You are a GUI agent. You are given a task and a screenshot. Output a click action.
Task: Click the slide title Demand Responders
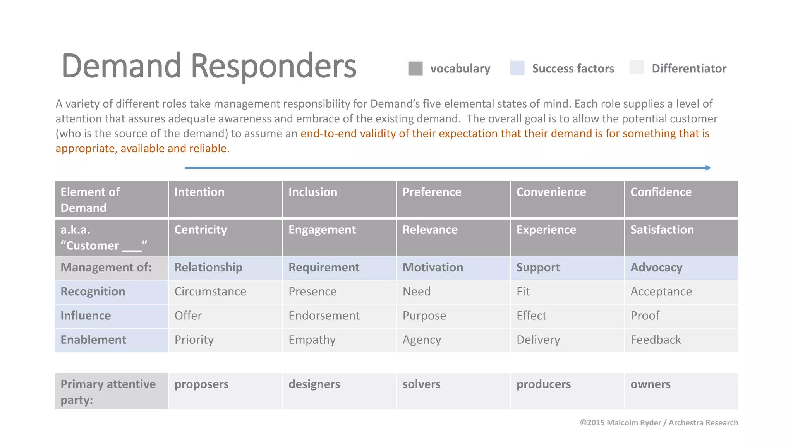tap(209, 66)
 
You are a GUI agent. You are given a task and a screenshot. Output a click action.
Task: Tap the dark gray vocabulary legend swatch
tap(415, 69)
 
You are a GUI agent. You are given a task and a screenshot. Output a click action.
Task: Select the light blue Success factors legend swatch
tap(517, 68)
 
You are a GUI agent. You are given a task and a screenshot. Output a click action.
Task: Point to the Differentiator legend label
tap(689, 69)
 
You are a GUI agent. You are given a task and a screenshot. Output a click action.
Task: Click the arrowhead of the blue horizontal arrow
tap(708, 168)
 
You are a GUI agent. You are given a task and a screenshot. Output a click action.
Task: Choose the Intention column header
tap(199, 192)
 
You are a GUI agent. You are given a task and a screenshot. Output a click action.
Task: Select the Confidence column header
tap(661, 192)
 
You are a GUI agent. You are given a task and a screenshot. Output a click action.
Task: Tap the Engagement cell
tap(322, 230)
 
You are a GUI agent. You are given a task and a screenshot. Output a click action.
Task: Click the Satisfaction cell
tap(662, 230)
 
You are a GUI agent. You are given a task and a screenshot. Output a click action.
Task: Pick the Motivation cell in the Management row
tap(433, 267)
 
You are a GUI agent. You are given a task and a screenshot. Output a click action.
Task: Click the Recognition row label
tap(93, 292)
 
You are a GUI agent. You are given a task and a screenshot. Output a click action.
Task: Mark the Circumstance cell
tap(210, 292)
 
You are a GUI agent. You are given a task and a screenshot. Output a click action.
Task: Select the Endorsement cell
tap(324, 316)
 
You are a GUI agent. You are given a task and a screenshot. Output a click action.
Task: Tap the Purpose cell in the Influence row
tap(424, 316)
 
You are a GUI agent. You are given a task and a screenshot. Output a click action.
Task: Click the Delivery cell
tap(538, 340)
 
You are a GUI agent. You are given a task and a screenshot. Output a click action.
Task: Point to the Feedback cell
tap(656, 340)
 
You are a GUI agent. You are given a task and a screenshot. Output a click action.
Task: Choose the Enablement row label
tap(93, 340)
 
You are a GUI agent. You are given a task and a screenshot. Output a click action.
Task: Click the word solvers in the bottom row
tap(421, 384)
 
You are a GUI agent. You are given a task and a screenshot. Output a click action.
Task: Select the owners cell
tap(651, 384)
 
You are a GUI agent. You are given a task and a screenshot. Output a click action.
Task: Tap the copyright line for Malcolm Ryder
tap(659, 422)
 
